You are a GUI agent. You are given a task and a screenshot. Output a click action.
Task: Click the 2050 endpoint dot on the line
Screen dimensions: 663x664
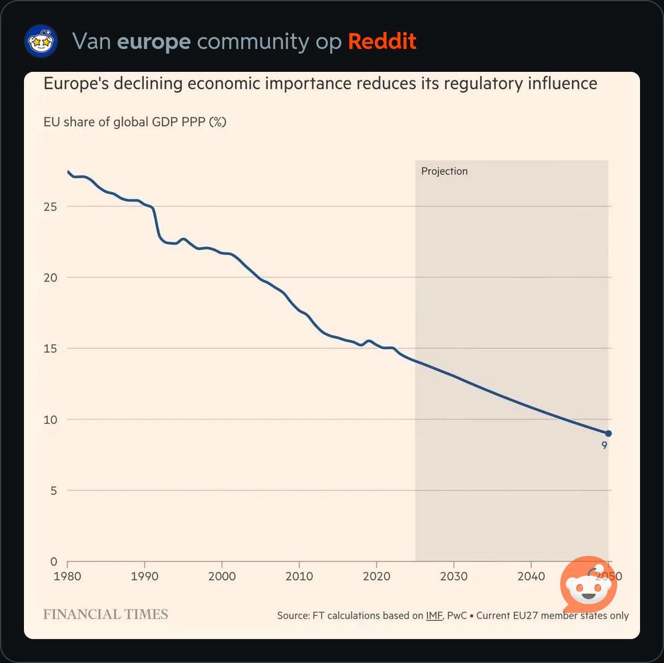click(x=608, y=434)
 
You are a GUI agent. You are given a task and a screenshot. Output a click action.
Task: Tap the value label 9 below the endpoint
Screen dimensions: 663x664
click(x=605, y=446)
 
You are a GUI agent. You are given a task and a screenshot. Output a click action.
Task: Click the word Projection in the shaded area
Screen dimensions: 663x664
click(x=444, y=171)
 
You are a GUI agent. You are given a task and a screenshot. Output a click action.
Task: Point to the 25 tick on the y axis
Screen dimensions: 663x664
click(x=50, y=207)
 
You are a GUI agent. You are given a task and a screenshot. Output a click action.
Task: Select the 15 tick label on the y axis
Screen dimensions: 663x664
click(x=50, y=349)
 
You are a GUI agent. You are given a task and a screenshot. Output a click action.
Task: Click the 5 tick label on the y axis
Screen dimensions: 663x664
click(x=54, y=491)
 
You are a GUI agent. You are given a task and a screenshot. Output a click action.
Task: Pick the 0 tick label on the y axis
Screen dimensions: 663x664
click(x=54, y=562)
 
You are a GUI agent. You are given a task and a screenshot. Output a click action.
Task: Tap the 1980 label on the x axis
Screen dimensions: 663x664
click(x=67, y=576)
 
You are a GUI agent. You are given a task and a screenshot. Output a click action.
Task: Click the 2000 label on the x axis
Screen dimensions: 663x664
click(x=222, y=576)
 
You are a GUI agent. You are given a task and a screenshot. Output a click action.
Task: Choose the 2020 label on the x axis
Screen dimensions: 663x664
click(x=376, y=576)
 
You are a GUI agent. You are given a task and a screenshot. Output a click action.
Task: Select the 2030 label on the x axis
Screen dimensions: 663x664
click(x=454, y=576)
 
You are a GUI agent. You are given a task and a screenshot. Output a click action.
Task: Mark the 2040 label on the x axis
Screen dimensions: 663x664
click(x=531, y=576)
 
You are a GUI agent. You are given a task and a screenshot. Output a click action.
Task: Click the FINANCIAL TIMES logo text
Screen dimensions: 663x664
click(x=106, y=615)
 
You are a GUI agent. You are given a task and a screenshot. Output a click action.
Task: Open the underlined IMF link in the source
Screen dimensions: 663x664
click(x=434, y=616)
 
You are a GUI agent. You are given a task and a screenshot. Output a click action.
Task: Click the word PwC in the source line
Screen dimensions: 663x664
click(x=457, y=616)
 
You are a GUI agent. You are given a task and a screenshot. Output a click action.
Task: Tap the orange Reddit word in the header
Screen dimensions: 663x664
click(x=382, y=42)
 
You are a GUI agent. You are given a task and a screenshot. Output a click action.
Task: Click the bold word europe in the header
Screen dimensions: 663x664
click(x=153, y=42)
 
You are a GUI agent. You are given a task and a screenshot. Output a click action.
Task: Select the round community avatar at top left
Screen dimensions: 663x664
click(x=41, y=41)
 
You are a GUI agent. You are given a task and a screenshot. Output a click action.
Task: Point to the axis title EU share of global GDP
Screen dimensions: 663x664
click(x=135, y=122)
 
